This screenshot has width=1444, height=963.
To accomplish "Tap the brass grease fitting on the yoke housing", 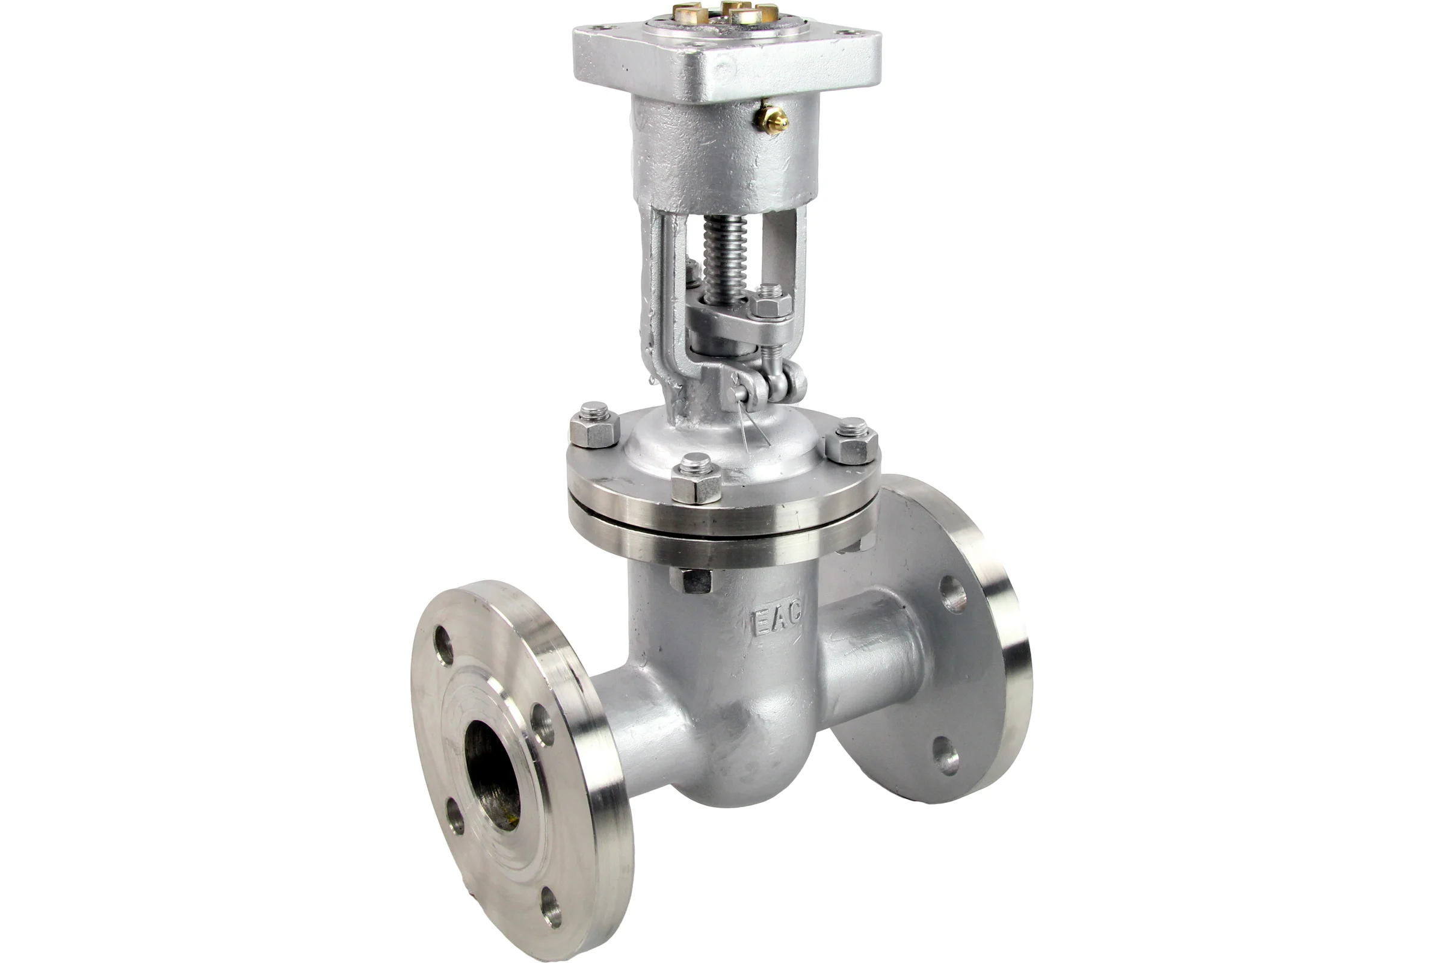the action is click(x=773, y=116).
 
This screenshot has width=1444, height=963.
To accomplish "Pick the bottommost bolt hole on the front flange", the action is click(x=552, y=907).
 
